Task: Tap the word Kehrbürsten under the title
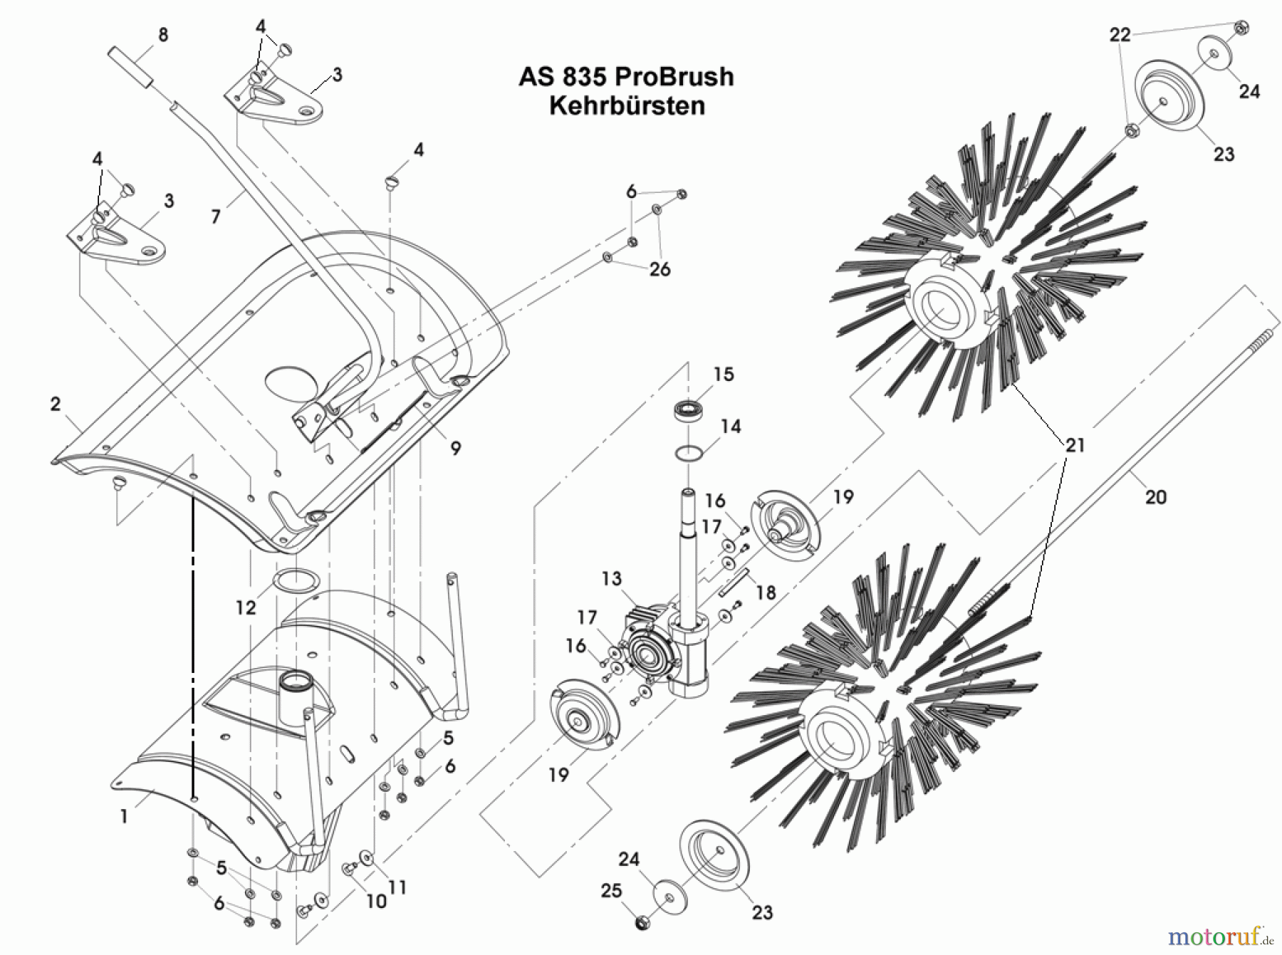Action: point(627,105)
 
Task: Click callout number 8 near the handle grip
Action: point(163,34)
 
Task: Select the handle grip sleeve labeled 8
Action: point(130,67)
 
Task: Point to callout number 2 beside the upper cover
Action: point(56,404)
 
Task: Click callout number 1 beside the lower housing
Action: point(124,816)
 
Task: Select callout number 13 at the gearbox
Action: point(611,578)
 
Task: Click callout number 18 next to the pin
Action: point(766,593)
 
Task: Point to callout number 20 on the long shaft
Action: point(1155,497)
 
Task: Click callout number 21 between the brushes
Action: point(1075,445)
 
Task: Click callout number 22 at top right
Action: point(1120,34)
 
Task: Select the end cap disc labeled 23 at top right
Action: point(1168,100)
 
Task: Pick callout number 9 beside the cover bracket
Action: point(455,447)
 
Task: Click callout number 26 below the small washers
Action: point(660,268)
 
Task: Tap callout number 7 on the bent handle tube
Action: point(216,216)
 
